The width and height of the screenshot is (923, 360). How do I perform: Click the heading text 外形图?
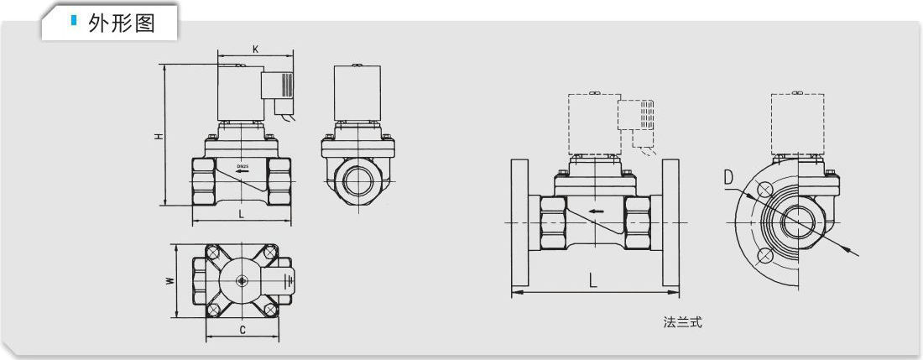point(122,23)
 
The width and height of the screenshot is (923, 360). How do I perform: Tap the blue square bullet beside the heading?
point(74,21)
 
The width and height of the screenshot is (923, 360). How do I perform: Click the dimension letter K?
point(255,50)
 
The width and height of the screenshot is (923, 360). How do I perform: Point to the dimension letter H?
point(158,136)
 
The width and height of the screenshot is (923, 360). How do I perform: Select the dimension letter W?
point(169,281)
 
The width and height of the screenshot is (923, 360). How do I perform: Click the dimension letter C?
point(242,331)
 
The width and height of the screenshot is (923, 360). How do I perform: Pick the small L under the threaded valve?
point(242,214)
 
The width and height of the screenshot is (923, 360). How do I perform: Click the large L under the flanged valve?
point(593,280)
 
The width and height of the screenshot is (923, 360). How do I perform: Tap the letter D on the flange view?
point(729,178)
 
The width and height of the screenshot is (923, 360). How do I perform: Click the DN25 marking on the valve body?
point(243,166)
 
